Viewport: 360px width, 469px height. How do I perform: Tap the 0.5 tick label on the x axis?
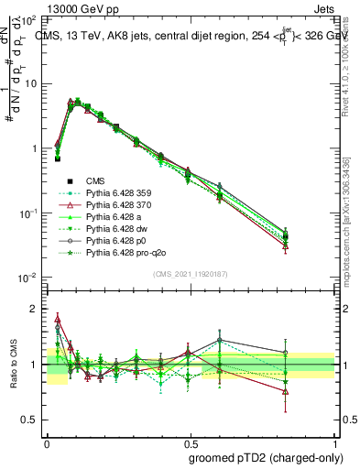(x=190, y=441)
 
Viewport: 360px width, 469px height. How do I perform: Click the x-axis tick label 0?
(x=47, y=441)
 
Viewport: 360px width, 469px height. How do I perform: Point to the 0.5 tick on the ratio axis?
(x=33, y=420)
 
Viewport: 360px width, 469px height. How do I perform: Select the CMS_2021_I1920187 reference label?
(x=191, y=275)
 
